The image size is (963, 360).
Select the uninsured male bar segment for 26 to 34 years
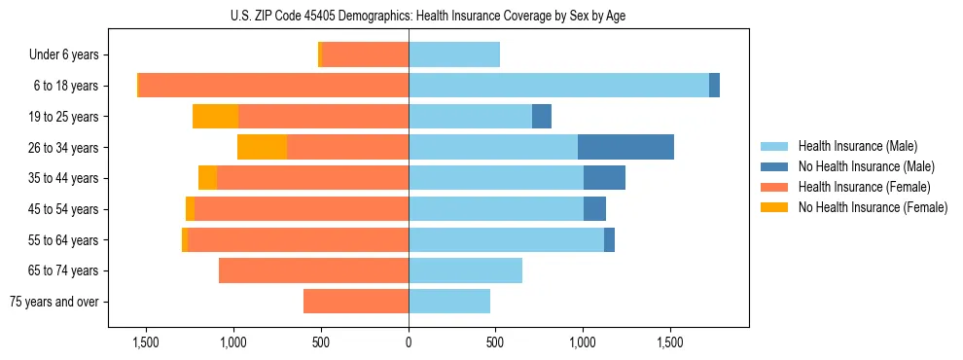click(625, 147)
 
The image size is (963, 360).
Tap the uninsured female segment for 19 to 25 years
click(215, 117)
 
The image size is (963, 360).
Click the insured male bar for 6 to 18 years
click(558, 86)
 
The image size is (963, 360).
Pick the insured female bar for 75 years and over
click(356, 302)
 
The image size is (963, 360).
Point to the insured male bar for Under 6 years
click(454, 55)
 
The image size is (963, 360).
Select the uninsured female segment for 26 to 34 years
click(262, 147)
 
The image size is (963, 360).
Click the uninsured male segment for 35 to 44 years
click(604, 178)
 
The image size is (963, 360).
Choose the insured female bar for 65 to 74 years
click(313, 270)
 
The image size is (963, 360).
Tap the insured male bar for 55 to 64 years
click(506, 239)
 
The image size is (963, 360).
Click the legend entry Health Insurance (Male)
click(857, 146)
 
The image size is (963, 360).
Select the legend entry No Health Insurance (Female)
click(873, 207)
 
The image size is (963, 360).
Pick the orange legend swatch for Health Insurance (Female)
click(774, 187)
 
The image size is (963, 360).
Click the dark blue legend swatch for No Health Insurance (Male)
click(774, 166)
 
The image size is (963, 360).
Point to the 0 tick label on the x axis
click(409, 343)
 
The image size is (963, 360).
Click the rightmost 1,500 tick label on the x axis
click(670, 343)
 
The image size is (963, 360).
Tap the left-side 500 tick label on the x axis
click(321, 343)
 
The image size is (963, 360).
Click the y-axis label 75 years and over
click(54, 302)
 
